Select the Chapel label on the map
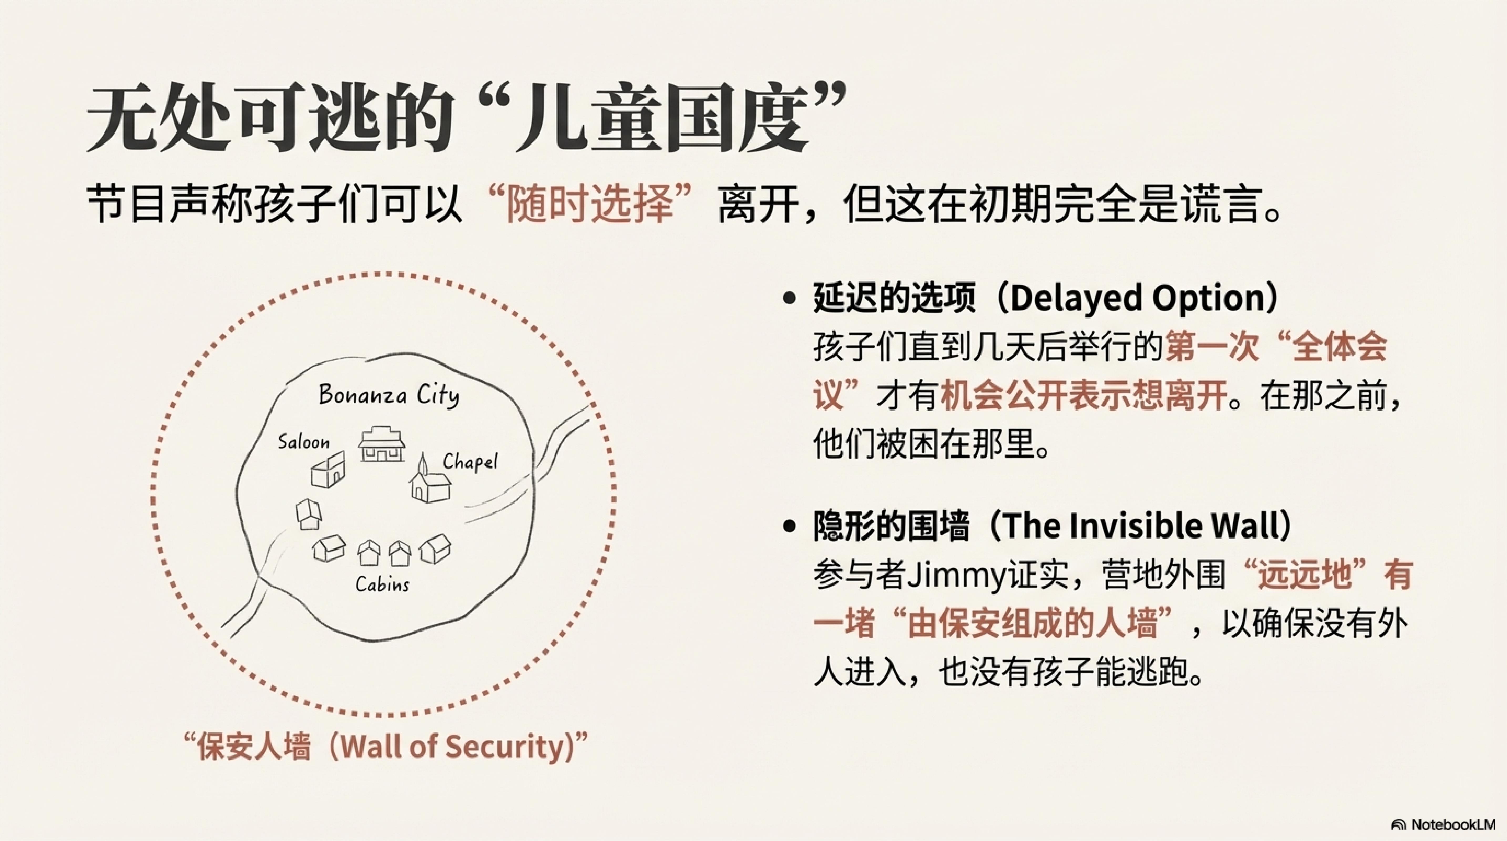pyautogui.click(x=470, y=462)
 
